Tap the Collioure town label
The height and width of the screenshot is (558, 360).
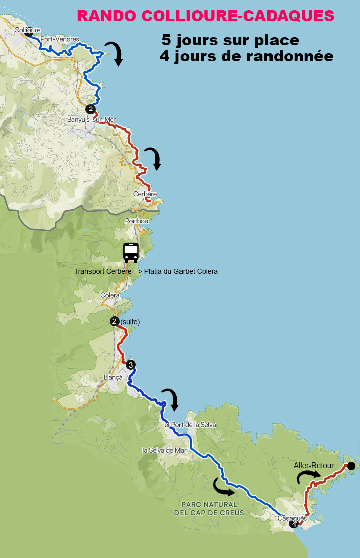pyautogui.click(x=27, y=30)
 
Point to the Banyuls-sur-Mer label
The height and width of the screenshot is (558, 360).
pyautogui.click(x=92, y=120)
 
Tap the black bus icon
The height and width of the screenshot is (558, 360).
pyautogui.click(x=131, y=252)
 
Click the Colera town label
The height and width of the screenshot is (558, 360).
pyautogui.click(x=110, y=296)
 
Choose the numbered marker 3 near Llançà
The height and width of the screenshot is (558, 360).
pyautogui.click(x=130, y=365)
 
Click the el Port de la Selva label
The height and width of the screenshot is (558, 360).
pyautogui.click(x=190, y=425)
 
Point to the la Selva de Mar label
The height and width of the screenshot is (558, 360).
pyautogui.click(x=164, y=450)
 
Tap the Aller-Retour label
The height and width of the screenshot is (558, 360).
pyautogui.click(x=313, y=466)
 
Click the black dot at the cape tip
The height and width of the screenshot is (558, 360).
pyautogui.click(x=351, y=466)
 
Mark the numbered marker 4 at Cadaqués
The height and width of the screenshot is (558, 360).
pyautogui.click(x=294, y=524)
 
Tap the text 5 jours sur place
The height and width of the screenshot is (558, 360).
pyautogui.click(x=230, y=40)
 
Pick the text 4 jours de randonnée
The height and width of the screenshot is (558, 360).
pyautogui.click(x=246, y=57)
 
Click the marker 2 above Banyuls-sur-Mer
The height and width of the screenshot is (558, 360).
pyautogui.click(x=90, y=109)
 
